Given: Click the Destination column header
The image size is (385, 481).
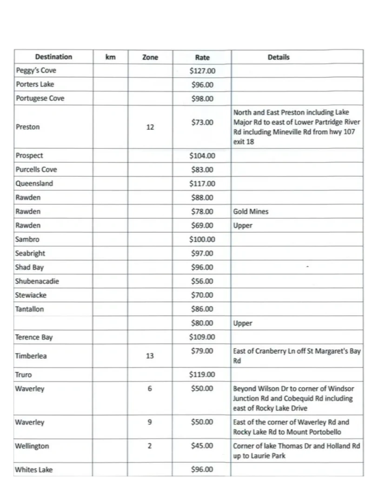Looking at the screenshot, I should coord(53,57).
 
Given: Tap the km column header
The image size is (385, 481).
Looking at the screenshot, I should coord(110,57).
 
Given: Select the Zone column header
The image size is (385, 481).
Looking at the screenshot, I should coord(150,58).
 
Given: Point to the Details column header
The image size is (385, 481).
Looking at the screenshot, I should coord(279,57).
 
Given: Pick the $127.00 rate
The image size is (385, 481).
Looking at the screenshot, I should coord(202,71).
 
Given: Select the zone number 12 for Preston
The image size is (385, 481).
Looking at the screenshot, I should coord(150,127).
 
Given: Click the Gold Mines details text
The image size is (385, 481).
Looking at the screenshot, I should coord(251,212).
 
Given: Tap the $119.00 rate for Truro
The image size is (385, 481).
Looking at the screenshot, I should coord(202,374).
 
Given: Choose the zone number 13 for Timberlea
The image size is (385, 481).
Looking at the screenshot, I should coord(150,356).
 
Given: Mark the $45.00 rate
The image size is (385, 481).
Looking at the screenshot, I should coord(202,446).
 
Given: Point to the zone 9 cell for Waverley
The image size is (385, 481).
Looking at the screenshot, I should coord(150,422).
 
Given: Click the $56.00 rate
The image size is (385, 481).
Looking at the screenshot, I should coord(202,281).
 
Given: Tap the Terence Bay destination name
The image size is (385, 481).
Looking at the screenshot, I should coord(33,337).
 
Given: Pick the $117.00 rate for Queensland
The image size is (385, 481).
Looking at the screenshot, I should coord(202,183).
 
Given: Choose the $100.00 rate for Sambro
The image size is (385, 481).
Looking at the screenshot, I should coord(202,240).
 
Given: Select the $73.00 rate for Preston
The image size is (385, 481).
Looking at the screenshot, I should coord(202,122).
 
